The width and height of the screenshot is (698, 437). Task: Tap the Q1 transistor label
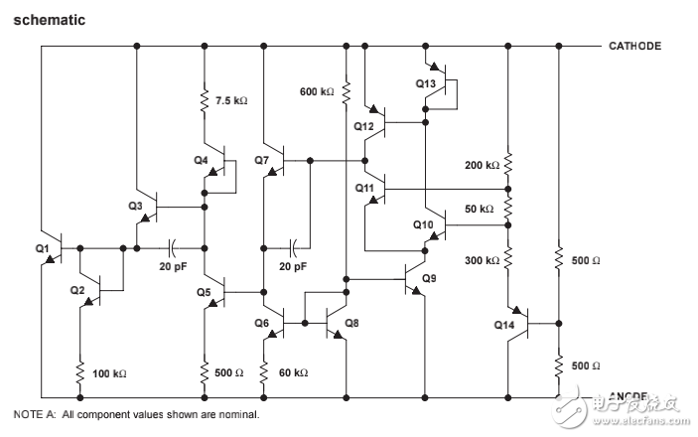(x=43, y=247)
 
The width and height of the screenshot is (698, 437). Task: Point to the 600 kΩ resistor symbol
(x=347, y=92)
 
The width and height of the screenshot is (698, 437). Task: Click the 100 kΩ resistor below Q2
(x=77, y=373)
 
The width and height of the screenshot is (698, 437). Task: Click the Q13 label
(x=425, y=83)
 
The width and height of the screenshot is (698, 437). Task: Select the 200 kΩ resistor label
(x=481, y=165)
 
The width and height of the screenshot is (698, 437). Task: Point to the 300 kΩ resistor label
(x=481, y=260)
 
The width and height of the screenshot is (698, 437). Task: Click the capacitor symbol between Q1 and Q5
(x=174, y=245)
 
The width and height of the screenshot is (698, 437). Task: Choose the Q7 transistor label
(x=261, y=159)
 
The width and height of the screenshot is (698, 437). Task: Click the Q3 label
(x=136, y=206)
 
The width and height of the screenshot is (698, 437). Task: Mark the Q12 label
(x=363, y=126)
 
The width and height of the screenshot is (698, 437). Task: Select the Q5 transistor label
(x=204, y=292)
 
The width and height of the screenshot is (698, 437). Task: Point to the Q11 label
(x=363, y=187)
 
